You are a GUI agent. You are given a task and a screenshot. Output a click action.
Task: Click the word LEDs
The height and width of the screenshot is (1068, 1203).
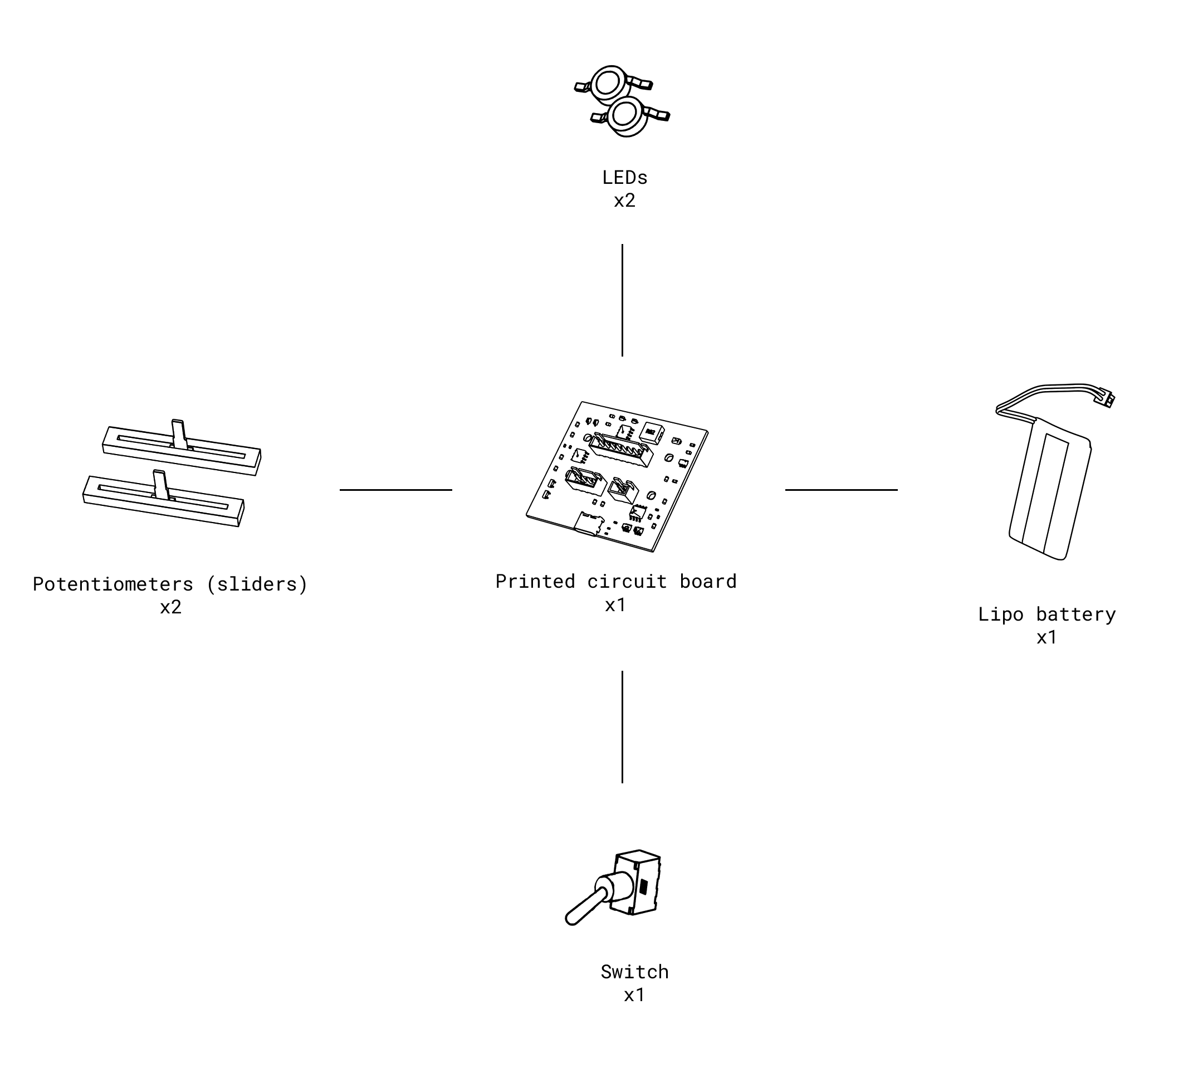pyautogui.click(x=624, y=177)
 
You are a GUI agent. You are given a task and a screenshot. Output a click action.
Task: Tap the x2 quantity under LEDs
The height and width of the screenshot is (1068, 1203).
pyautogui.click(x=624, y=201)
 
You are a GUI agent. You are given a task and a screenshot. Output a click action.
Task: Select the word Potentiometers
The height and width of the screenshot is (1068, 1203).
pyautogui.click(x=113, y=584)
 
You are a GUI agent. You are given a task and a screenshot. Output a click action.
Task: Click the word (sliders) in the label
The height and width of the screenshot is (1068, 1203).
pyautogui.click(x=257, y=584)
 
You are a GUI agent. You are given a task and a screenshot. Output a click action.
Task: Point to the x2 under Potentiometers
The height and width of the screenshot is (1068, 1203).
pyautogui.click(x=170, y=607)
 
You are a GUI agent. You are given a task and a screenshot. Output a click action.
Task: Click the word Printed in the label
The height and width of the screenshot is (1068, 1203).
pyautogui.click(x=535, y=581)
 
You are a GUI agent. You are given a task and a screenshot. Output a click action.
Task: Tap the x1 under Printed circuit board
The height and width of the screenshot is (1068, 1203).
pyautogui.click(x=615, y=604)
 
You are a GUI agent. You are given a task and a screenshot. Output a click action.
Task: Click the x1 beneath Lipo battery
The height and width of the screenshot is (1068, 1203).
pyautogui.click(x=1046, y=637)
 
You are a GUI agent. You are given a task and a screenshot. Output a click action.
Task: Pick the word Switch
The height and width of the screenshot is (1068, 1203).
pyautogui.click(x=634, y=972)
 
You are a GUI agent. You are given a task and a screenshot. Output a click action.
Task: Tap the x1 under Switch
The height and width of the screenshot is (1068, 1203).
pyautogui.click(x=634, y=995)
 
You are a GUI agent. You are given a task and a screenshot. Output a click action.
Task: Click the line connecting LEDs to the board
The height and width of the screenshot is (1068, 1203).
pyautogui.click(x=622, y=300)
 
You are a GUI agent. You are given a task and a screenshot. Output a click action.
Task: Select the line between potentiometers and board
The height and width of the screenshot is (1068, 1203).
pyautogui.click(x=395, y=489)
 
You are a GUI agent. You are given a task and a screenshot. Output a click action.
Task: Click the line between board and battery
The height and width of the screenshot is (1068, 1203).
pyautogui.click(x=841, y=489)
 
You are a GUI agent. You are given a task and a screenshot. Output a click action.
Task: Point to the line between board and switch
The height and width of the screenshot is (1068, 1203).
pyautogui.click(x=622, y=726)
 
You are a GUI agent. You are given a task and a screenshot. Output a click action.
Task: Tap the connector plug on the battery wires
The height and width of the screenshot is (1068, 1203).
pyautogui.click(x=1103, y=398)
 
